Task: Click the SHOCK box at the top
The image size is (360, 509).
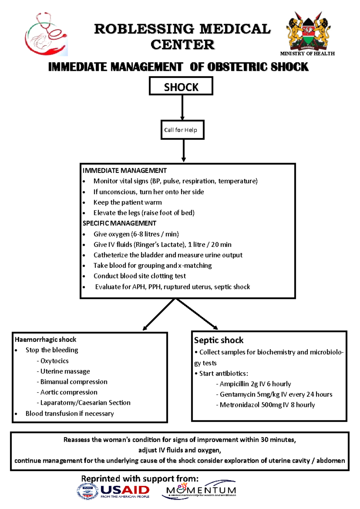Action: click(x=181, y=86)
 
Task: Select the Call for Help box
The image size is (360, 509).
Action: click(x=182, y=130)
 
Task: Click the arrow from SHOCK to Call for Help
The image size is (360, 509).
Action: click(x=182, y=107)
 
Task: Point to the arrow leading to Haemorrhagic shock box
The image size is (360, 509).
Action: click(x=159, y=315)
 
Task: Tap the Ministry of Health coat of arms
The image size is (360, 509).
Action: click(x=308, y=32)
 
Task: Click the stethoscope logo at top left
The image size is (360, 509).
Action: click(x=46, y=34)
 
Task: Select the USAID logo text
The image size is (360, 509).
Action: click(x=125, y=490)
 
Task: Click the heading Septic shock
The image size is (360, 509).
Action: click(x=218, y=340)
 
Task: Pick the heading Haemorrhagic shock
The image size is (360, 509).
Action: click(x=45, y=339)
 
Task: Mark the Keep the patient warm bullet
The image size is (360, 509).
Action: click(x=127, y=202)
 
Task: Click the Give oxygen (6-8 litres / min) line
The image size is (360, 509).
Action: click(x=136, y=234)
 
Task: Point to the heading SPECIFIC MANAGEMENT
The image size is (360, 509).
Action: click(x=119, y=223)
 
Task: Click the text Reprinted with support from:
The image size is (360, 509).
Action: click(x=140, y=478)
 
